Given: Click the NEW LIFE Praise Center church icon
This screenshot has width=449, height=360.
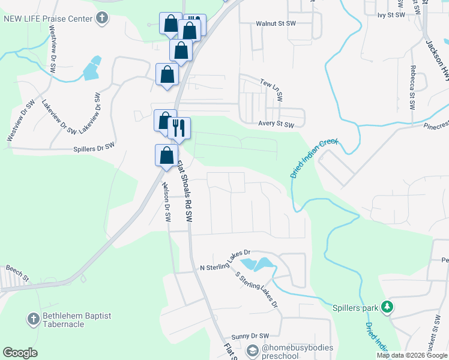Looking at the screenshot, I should (102, 18).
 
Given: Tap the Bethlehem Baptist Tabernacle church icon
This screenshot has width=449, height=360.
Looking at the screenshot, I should (34, 317).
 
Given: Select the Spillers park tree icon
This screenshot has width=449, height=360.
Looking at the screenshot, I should (387, 307).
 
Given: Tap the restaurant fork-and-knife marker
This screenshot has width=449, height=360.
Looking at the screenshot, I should (179, 128).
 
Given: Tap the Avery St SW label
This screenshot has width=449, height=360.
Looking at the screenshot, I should (276, 125).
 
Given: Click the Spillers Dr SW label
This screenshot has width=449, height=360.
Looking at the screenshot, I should (94, 146).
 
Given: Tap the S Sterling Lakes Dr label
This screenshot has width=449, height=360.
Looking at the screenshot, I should (257, 289).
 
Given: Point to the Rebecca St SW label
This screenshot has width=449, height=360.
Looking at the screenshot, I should (412, 87).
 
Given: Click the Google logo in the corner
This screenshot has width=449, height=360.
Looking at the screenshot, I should (20, 353).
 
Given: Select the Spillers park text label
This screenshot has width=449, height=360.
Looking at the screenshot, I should (355, 308).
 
